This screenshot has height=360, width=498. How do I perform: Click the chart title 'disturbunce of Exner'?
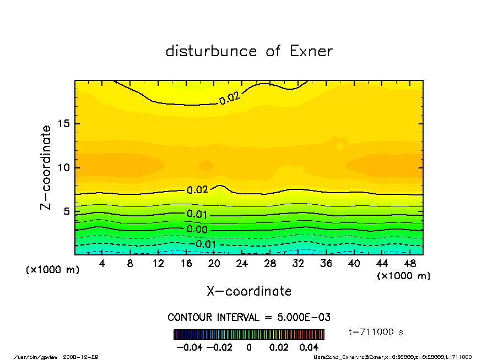[249, 51]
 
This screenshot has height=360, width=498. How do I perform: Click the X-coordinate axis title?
[249, 291]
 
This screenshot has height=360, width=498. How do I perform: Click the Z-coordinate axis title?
[46, 167]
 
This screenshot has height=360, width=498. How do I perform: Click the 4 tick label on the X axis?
[102, 264]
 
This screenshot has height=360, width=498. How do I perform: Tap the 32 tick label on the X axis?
[298, 264]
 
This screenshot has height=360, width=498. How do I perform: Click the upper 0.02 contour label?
[230, 99]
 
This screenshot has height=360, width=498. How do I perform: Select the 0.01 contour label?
[197, 214]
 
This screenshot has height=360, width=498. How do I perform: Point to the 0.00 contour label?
[197, 229]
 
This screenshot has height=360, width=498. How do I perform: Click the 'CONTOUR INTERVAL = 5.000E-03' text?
[249, 318]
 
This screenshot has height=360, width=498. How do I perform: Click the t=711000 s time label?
[377, 332]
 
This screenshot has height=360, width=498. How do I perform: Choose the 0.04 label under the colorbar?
[308, 347]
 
